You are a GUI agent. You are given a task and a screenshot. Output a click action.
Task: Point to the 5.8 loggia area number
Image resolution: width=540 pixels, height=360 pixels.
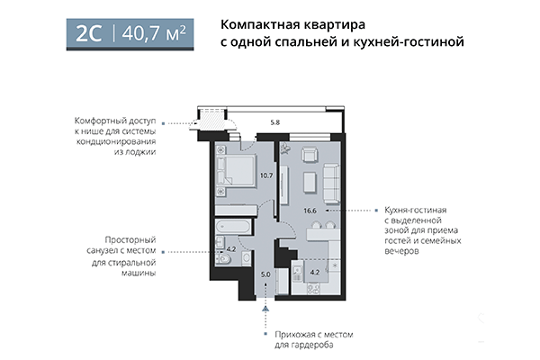pos(275,121)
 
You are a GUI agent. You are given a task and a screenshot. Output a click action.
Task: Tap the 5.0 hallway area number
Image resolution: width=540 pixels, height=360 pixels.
pos(265,274)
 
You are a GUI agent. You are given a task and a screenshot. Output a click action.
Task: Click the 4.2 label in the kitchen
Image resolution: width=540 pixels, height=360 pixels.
pos(314,270)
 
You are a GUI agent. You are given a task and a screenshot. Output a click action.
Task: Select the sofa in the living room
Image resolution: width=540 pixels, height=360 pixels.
pos(331,183)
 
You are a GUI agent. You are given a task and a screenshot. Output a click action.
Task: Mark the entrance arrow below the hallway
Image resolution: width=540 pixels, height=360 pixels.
pos(265,310)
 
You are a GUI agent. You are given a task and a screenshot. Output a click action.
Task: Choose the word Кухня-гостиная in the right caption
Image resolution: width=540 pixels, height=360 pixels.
pos(415,209)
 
